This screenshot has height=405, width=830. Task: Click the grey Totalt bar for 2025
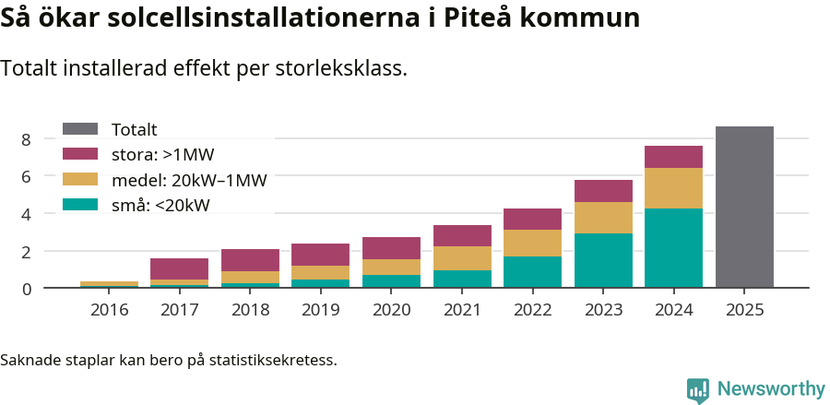pos(744,208)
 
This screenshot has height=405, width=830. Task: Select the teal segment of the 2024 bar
pos(673,248)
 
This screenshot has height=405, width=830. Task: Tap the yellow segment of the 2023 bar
pos(603,218)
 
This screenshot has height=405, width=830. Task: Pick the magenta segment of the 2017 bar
pos(179,268)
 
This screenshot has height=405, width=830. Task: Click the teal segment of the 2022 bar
pos(532,272)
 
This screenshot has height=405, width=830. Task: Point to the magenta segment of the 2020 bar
pos(391,248)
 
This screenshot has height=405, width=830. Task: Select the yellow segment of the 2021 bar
pos(462,258)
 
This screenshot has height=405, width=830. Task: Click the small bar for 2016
pos(109,284)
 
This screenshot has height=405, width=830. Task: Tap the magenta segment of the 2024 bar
pos(673,157)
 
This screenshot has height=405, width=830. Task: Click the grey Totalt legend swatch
pos(79,129)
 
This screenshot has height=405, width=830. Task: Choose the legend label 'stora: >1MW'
pos(162,155)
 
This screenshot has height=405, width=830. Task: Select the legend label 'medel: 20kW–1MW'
pos(188,180)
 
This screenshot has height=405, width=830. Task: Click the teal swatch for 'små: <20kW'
pos(79,205)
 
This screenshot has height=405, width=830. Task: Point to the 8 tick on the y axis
pos(26,139)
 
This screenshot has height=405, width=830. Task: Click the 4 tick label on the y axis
pos(26,214)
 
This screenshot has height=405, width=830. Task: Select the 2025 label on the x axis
pos(744,310)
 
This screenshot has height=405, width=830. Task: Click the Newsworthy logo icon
pos(698,389)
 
